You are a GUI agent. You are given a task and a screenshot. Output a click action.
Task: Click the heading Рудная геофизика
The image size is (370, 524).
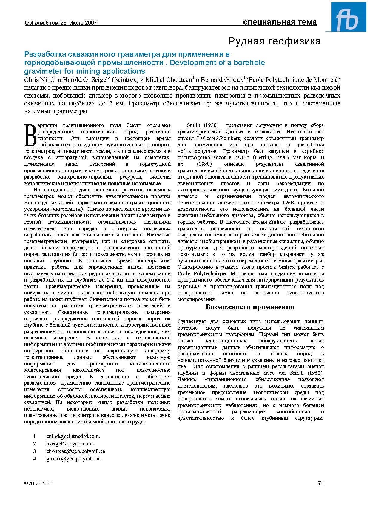pos(275,41)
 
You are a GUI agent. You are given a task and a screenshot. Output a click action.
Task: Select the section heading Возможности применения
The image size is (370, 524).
pos(250,307)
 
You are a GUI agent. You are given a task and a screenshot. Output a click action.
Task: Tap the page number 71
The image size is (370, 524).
pos(321,483)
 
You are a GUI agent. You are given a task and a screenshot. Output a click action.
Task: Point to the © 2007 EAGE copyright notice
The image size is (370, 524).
pos(38,483)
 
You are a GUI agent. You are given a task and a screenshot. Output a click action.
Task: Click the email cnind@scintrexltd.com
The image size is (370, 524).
pos(73,436)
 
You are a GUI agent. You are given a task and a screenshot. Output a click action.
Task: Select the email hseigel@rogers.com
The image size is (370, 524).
pos(70,444)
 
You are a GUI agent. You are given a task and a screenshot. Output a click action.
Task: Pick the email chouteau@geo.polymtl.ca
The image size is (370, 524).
pos(76,451)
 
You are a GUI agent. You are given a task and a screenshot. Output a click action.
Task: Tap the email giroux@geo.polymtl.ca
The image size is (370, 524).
pos(74,459)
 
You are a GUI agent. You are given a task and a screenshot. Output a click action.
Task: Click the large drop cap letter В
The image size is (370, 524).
pos(30,135)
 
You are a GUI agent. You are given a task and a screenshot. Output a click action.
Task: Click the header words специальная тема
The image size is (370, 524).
pos(280,22)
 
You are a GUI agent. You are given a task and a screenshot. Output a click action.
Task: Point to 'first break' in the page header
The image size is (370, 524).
pos(36,23)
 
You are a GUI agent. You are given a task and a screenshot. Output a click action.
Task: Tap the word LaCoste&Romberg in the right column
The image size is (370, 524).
pos(218,138)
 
